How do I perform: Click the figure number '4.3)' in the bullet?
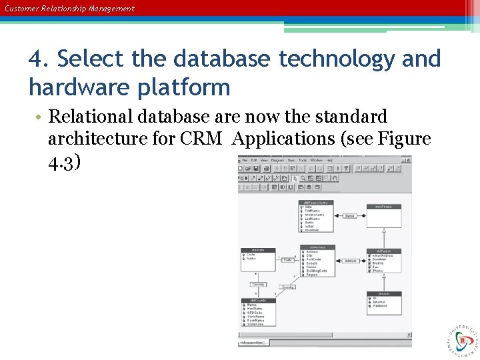point(65,162)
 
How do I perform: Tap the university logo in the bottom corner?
point(461,339)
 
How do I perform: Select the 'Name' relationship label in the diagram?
point(350,216)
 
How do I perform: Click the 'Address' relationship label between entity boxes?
point(350,261)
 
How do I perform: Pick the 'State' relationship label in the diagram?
point(287,260)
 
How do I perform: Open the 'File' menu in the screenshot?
point(245,161)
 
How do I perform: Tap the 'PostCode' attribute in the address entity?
point(313,259)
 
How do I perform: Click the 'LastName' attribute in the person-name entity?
point(314,219)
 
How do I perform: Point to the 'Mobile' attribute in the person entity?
point(378,263)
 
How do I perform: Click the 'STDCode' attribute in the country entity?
point(255,313)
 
